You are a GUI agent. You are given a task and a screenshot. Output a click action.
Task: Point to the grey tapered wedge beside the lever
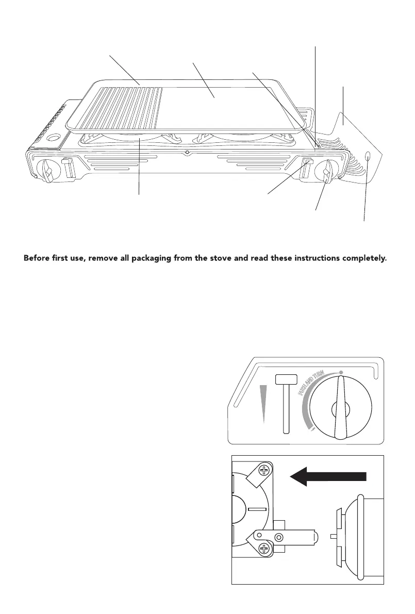265,403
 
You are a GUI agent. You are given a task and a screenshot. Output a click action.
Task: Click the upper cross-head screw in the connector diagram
264,470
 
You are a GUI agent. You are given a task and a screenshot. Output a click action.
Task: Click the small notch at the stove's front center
187,153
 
